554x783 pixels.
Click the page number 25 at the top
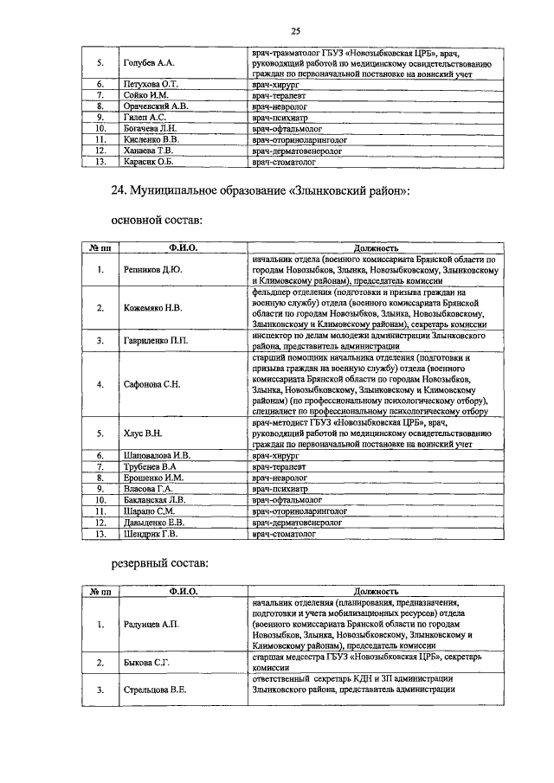[294, 31]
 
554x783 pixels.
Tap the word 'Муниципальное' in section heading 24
[184, 189]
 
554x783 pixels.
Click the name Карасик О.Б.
[145, 161]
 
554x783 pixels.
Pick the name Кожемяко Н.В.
[151, 307]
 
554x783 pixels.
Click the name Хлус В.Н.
[141, 433]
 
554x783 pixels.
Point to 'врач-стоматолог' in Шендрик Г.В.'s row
[284, 534]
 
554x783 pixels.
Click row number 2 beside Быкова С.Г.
[100, 663]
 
